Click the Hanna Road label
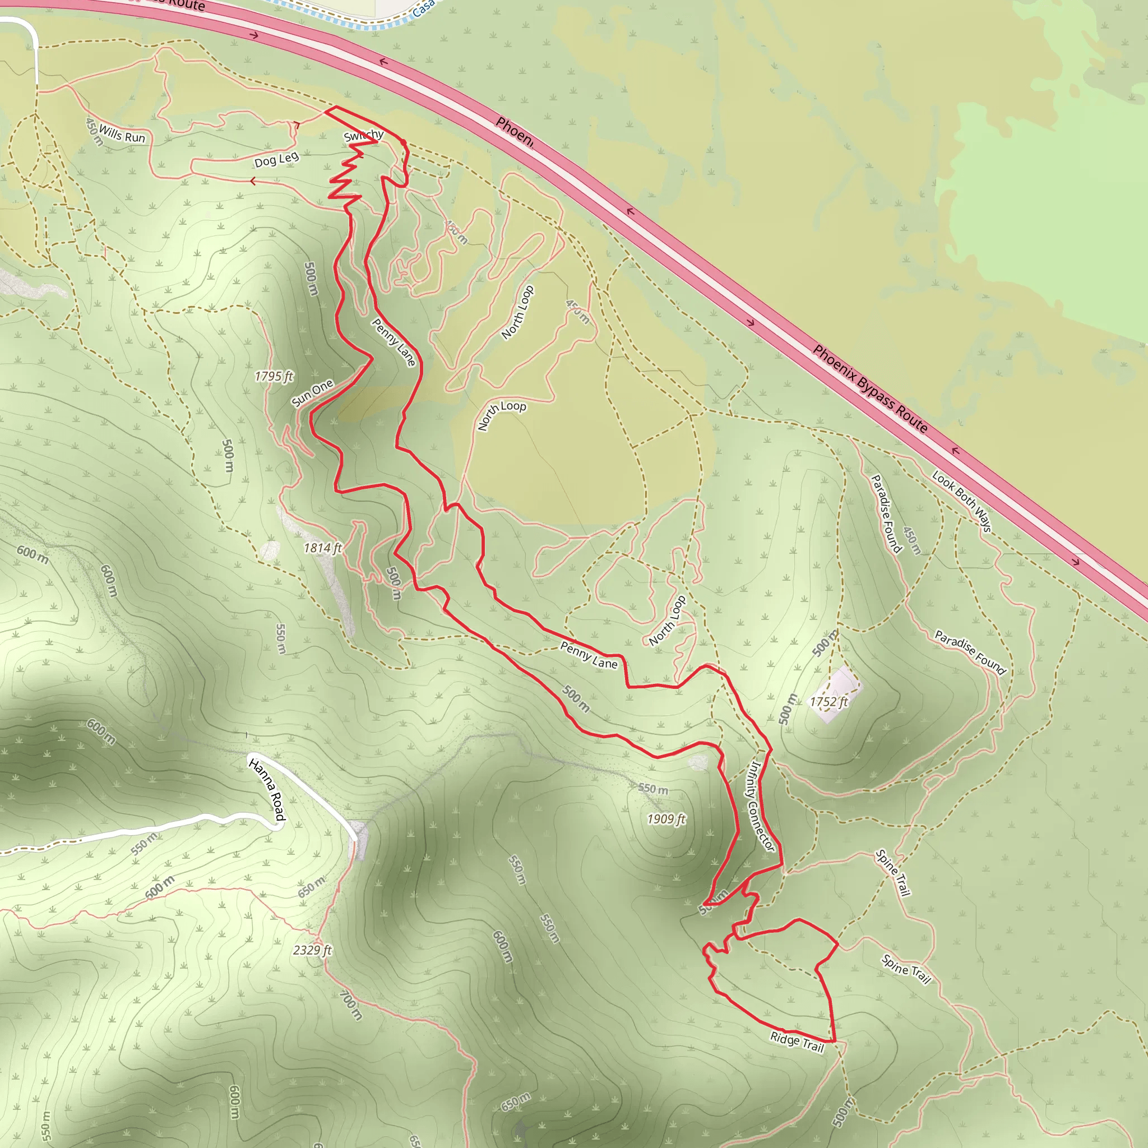pyautogui.click(x=267, y=790)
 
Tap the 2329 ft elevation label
pyautogui.click(x=313, y=950)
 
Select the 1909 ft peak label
pyautogui.click(x=666, y=820)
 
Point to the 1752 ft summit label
pyautogui.click(x=829, y=702)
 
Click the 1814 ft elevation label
pyautogui.click(x=323, y=548)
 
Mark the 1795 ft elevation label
pyautogui.click(x=274, y=376)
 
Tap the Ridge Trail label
pyautogui.click(x=797, y=1041)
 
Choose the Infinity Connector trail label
pyautogui.click(x=760, y=806)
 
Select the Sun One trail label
pyautogui.click(x=313, y=394)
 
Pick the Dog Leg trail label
pyautogui.click(x=276, y=159)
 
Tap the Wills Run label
pyautogui.click(x=122, y=134)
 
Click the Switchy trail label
pyautogui.click(x=364, y=136)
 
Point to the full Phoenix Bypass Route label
pyautogui.click(x=870, y=388)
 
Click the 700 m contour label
pyautogui.click(x=351, y=1006)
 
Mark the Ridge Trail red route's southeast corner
pyautogui.click(x=834, y=1041)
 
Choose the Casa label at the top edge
pyautogui.click(x=423, y=8)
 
